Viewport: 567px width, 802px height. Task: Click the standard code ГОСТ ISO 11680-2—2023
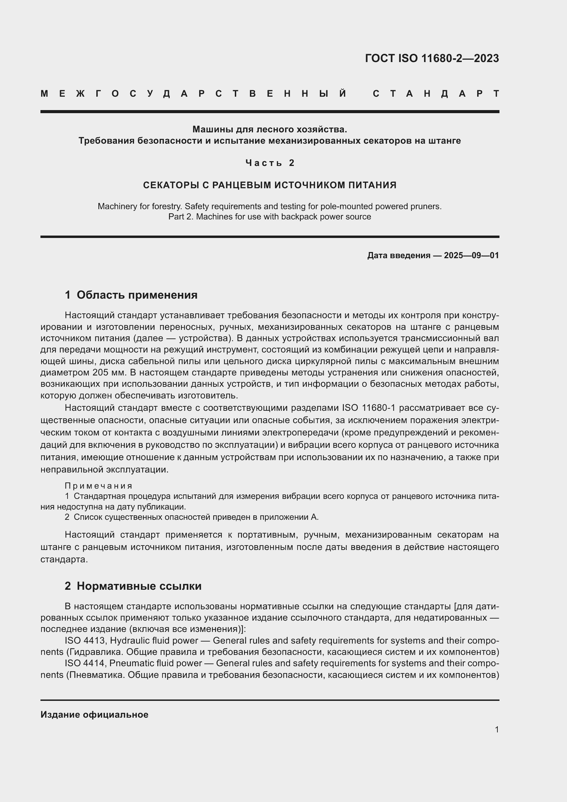[432, 58]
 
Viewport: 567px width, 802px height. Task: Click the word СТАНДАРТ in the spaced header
[436, 94]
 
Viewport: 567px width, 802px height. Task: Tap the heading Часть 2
[270, 163]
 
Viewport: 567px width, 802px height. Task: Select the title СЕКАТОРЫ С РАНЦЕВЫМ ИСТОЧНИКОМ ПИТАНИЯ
[269, 185]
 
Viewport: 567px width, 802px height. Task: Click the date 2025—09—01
[471, 255]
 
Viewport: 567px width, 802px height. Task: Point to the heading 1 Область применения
[131, 295]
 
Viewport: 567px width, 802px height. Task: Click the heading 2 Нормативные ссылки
[133, 586]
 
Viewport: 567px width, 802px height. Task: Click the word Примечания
[98, 486]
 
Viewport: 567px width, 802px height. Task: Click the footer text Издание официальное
[94, 714]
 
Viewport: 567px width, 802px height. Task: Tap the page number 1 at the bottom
[496, 729]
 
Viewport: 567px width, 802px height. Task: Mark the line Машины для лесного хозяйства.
[269, 130]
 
